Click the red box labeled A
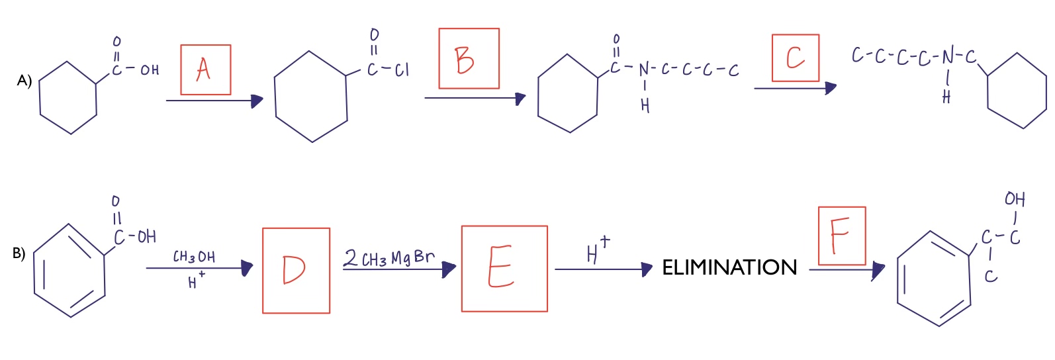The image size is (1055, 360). tap(206, 69)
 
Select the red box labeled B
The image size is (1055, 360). tap(469, 58)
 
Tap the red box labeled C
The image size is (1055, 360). tap(796, 58)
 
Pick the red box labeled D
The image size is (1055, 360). tap(296, 270)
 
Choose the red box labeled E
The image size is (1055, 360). tap(504, 268)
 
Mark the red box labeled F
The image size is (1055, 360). tap(842, 236)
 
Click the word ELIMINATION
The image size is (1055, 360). tap(729, 267)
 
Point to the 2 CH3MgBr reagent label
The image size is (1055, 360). tap(390, 257)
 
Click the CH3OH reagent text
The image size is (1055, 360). tap(194, 257)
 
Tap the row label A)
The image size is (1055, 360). tap(24, 81)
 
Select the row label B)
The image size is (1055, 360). tap(19, 253)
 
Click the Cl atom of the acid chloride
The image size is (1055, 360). tap(401, 69)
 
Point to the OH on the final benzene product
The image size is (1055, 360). tap(1015, 199)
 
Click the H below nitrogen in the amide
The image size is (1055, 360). tap(645, 105)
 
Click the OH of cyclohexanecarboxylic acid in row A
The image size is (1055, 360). tap(150, 69)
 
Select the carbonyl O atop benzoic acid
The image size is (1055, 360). tap(116, 200)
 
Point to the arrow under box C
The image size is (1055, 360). tap(794, 88)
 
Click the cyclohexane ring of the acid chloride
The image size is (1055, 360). tap(311, 97)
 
